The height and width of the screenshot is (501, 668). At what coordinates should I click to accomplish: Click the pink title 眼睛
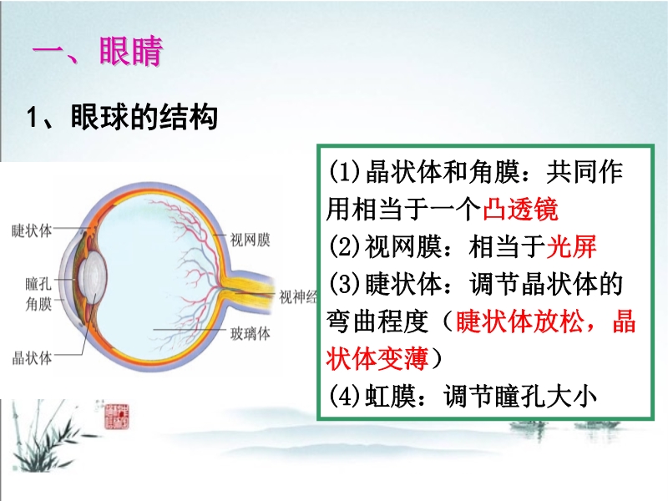coord(131,51)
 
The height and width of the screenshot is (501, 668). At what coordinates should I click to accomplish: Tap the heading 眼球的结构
coord(144,116)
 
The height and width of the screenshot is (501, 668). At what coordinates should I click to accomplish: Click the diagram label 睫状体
coord(32,230)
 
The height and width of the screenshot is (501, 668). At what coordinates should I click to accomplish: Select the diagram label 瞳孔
coord(38,283)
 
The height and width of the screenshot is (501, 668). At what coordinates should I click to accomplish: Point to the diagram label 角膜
coord(38,304)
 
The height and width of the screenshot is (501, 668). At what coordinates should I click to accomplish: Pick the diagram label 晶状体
coord(32,358)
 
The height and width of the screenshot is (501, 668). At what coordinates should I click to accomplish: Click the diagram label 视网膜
coord(250,240)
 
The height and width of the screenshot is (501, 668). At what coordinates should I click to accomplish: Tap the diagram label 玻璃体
coord(250,333)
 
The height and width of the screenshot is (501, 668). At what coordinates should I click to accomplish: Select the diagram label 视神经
coord(298,296)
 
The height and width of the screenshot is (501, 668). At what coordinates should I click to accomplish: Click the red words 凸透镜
coord(520,210)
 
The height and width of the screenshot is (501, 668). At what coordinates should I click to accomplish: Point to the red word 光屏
coord(571,246)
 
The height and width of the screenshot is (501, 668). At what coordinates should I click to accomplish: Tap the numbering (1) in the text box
coord(345,172)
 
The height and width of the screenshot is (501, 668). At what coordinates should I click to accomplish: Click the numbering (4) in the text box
coord(345,396)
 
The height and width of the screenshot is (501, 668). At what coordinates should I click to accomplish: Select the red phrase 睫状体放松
coord(519,321)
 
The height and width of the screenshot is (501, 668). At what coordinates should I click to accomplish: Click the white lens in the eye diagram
coord(94,277)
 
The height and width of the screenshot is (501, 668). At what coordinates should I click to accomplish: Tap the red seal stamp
coord(116,416)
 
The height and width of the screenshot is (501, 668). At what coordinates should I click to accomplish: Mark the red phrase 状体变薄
coord(377,358)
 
